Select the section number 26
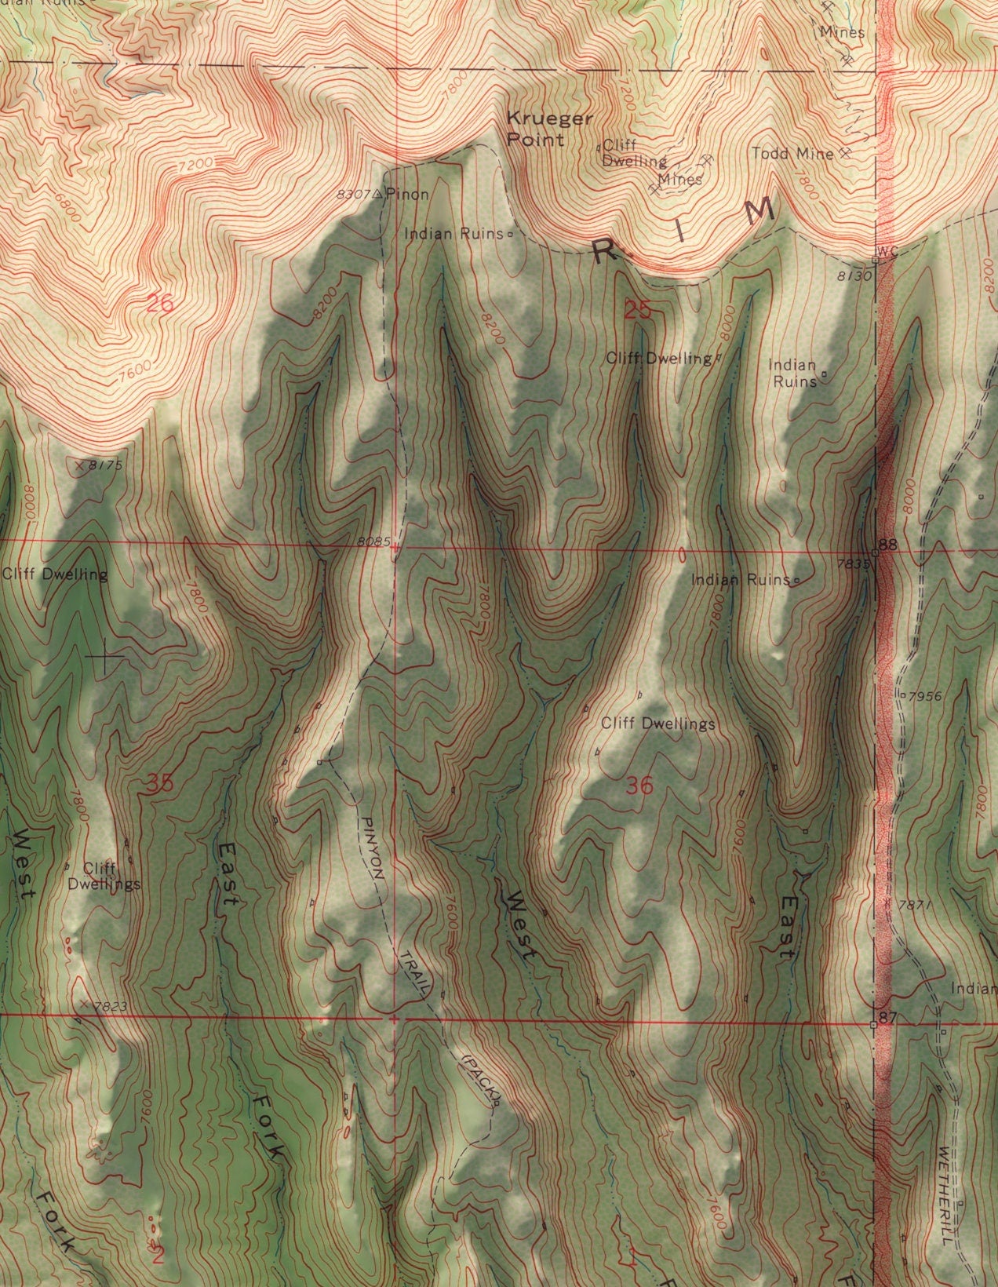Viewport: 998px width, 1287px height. click(x=160, y=303)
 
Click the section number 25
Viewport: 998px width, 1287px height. click(x=638, y=310)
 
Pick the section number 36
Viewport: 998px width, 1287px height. click(x=639, y=786)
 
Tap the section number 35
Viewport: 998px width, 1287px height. click(x=160, y=782)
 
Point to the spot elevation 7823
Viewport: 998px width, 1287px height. click(x=109, y=1005)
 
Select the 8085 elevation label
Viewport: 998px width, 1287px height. click(x=372, y=541)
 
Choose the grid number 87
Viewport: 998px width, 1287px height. click(x=887, y=1018)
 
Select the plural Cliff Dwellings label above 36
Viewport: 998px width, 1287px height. click(x=657, y=724)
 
